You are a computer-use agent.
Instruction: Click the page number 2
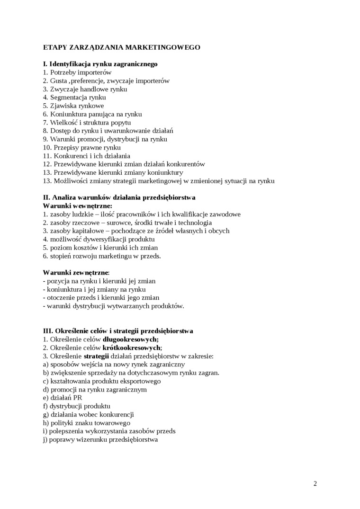pyautogui.click(x=315, y=483)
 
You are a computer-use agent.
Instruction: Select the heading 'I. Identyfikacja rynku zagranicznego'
pyautogui.click(x=100, y=64)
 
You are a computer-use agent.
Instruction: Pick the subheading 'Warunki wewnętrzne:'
pyautogui.click(x=78, y=206)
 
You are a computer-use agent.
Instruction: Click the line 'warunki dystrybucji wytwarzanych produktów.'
pyautogui.click(x=113, y=306)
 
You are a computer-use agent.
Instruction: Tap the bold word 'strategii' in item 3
pyautogui.click(x=96, y=356)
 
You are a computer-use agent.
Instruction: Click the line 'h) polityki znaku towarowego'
pyautogui.click(x=86, y=423)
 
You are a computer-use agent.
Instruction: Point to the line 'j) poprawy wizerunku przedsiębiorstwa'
pyautogui.click(x=100, y=439)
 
